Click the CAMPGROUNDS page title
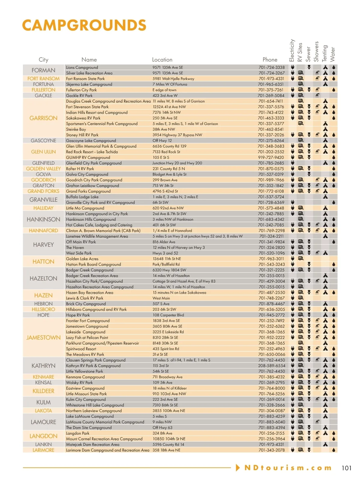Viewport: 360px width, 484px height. (84, 25)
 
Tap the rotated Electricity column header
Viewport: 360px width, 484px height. (292, 50)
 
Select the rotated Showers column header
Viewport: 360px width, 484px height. (316, 51)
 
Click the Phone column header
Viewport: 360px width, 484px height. (270, 60)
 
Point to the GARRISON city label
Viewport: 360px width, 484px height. (43, 118)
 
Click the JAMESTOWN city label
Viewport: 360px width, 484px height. (43, 338)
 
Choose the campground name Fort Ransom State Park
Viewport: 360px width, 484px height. (85, 79)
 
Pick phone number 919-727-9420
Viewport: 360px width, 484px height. (271, 157)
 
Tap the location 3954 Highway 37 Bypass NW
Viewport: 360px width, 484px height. (177, 135)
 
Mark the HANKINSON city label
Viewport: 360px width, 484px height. (43, 219)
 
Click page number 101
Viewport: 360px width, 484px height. (346, 468)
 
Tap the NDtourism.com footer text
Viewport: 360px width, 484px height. (288, 468)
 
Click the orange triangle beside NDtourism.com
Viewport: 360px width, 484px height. (238, 467)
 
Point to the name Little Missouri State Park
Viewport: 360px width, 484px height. (86, 394)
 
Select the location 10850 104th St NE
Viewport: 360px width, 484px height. (169, 439)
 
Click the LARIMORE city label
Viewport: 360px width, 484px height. (43, 450)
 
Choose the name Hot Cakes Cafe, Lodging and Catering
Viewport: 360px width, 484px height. (99, 225)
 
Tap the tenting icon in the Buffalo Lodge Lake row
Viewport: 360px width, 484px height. (325, 197)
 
